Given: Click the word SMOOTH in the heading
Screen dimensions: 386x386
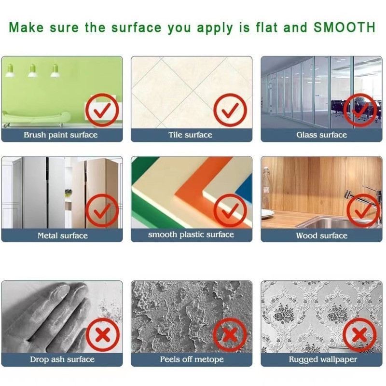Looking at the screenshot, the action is [345, 27].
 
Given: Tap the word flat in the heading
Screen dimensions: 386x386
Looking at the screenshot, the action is [267, 27].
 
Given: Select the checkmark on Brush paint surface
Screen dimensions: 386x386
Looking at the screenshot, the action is [102, 111].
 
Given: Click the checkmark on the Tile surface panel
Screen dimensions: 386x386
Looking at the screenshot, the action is [230, 110].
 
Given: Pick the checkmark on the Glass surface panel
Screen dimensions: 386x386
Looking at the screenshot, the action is [360, 110].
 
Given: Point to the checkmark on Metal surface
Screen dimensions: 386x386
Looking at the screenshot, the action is [102, 211].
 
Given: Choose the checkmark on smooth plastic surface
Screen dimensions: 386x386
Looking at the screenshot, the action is [230, 211].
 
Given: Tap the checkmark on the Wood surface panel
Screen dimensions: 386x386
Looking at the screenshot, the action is [363, 211].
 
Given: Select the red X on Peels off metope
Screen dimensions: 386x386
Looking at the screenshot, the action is [230, 334].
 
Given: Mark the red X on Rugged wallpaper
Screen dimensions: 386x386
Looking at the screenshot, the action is [359, 334].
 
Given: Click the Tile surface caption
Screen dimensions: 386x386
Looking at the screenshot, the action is [190, 135].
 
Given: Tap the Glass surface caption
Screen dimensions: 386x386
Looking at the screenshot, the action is [321, 135].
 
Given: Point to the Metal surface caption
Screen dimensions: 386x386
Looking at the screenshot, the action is [63, 235].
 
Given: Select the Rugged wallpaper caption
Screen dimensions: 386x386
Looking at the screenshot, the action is [323, 359].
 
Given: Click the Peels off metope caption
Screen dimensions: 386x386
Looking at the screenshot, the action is [192, 359].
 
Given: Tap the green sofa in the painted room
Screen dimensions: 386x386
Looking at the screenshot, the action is [36, 118].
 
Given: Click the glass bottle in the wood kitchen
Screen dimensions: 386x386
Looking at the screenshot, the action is [266, 188].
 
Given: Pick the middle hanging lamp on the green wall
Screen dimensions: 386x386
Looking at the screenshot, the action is [32, 70].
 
